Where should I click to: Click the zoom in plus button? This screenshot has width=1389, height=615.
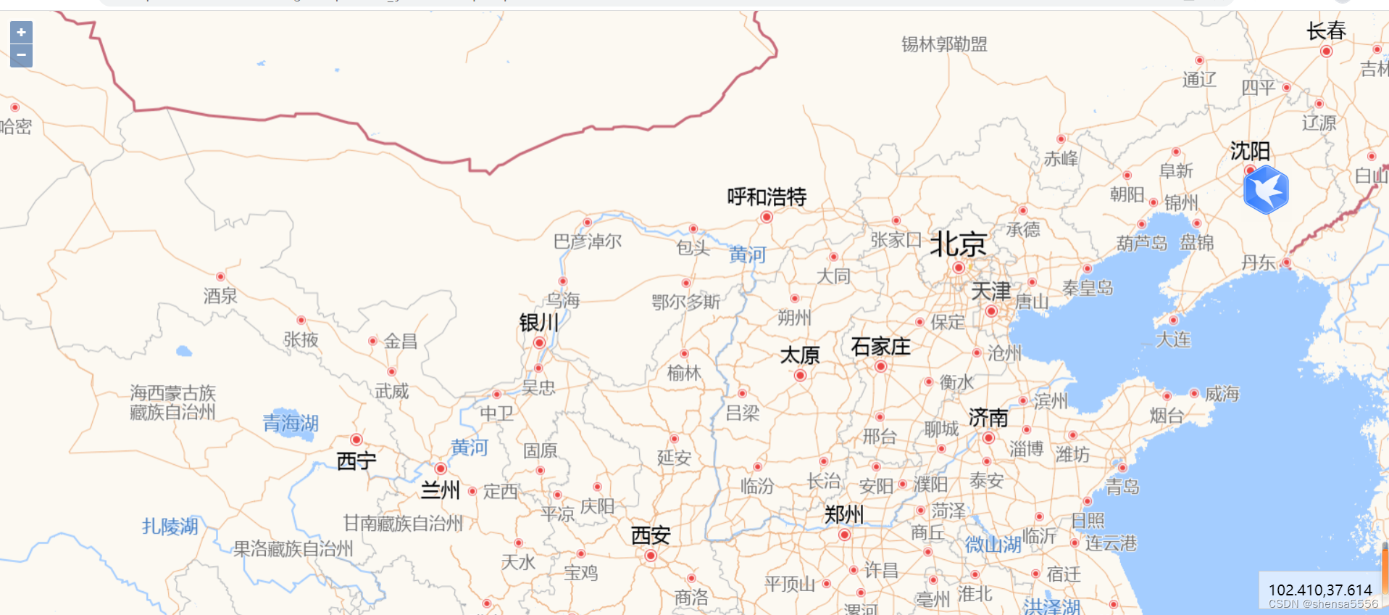[x=21, y=32]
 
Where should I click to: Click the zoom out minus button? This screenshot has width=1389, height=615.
[x=21, y=55]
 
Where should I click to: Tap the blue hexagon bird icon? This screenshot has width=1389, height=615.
[x=1266, y=189]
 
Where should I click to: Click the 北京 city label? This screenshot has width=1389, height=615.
[x=958, y=244]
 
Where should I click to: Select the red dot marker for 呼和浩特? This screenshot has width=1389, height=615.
[x=767, y=217]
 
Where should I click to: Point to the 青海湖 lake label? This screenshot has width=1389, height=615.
[x=291, y=423]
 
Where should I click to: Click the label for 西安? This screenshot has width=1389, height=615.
[x=651, y=535]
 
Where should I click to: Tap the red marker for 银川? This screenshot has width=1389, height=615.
[x=539, y=342]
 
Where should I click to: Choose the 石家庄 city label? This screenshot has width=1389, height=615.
[x=880, y=347]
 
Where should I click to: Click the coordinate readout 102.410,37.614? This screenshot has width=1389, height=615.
[x=1320, y=590]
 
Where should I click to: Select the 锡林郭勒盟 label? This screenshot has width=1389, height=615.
[x=944, y=44]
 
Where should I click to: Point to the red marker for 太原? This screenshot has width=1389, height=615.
[x=800, y=375]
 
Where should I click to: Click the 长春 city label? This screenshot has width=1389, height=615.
[x=1326, y=31]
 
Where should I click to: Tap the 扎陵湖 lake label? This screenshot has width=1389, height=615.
[x=170, y=526]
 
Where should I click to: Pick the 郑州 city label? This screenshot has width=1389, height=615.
[x=844, y=514]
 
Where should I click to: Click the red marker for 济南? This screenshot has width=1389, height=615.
[x=988, y=437]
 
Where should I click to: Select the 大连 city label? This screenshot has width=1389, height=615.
[x=1173, y=339]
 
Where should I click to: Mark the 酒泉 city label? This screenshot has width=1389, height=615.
[x=220, y=296]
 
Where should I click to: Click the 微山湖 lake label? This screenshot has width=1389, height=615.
[x=993, y=544]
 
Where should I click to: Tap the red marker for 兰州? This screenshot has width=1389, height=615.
[x=441, y=469]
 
